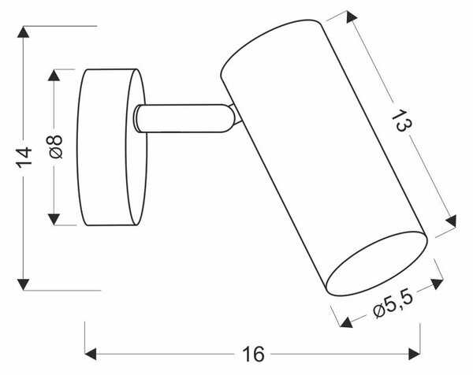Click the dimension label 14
click(x=24, y=157)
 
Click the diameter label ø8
click(x=54, y=147)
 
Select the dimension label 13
click(x=401, y=121)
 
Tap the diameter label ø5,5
click(x=393, y=304)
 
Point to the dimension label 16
click(x=253, y=354)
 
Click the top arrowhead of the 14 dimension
click(x=24, y=32)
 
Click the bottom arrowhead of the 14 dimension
click(x=24, y=284)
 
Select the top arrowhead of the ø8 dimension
click(x=54, y=75)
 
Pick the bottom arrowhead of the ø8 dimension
click(x=54, y=219)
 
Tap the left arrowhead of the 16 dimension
click(x=91, y=354)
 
